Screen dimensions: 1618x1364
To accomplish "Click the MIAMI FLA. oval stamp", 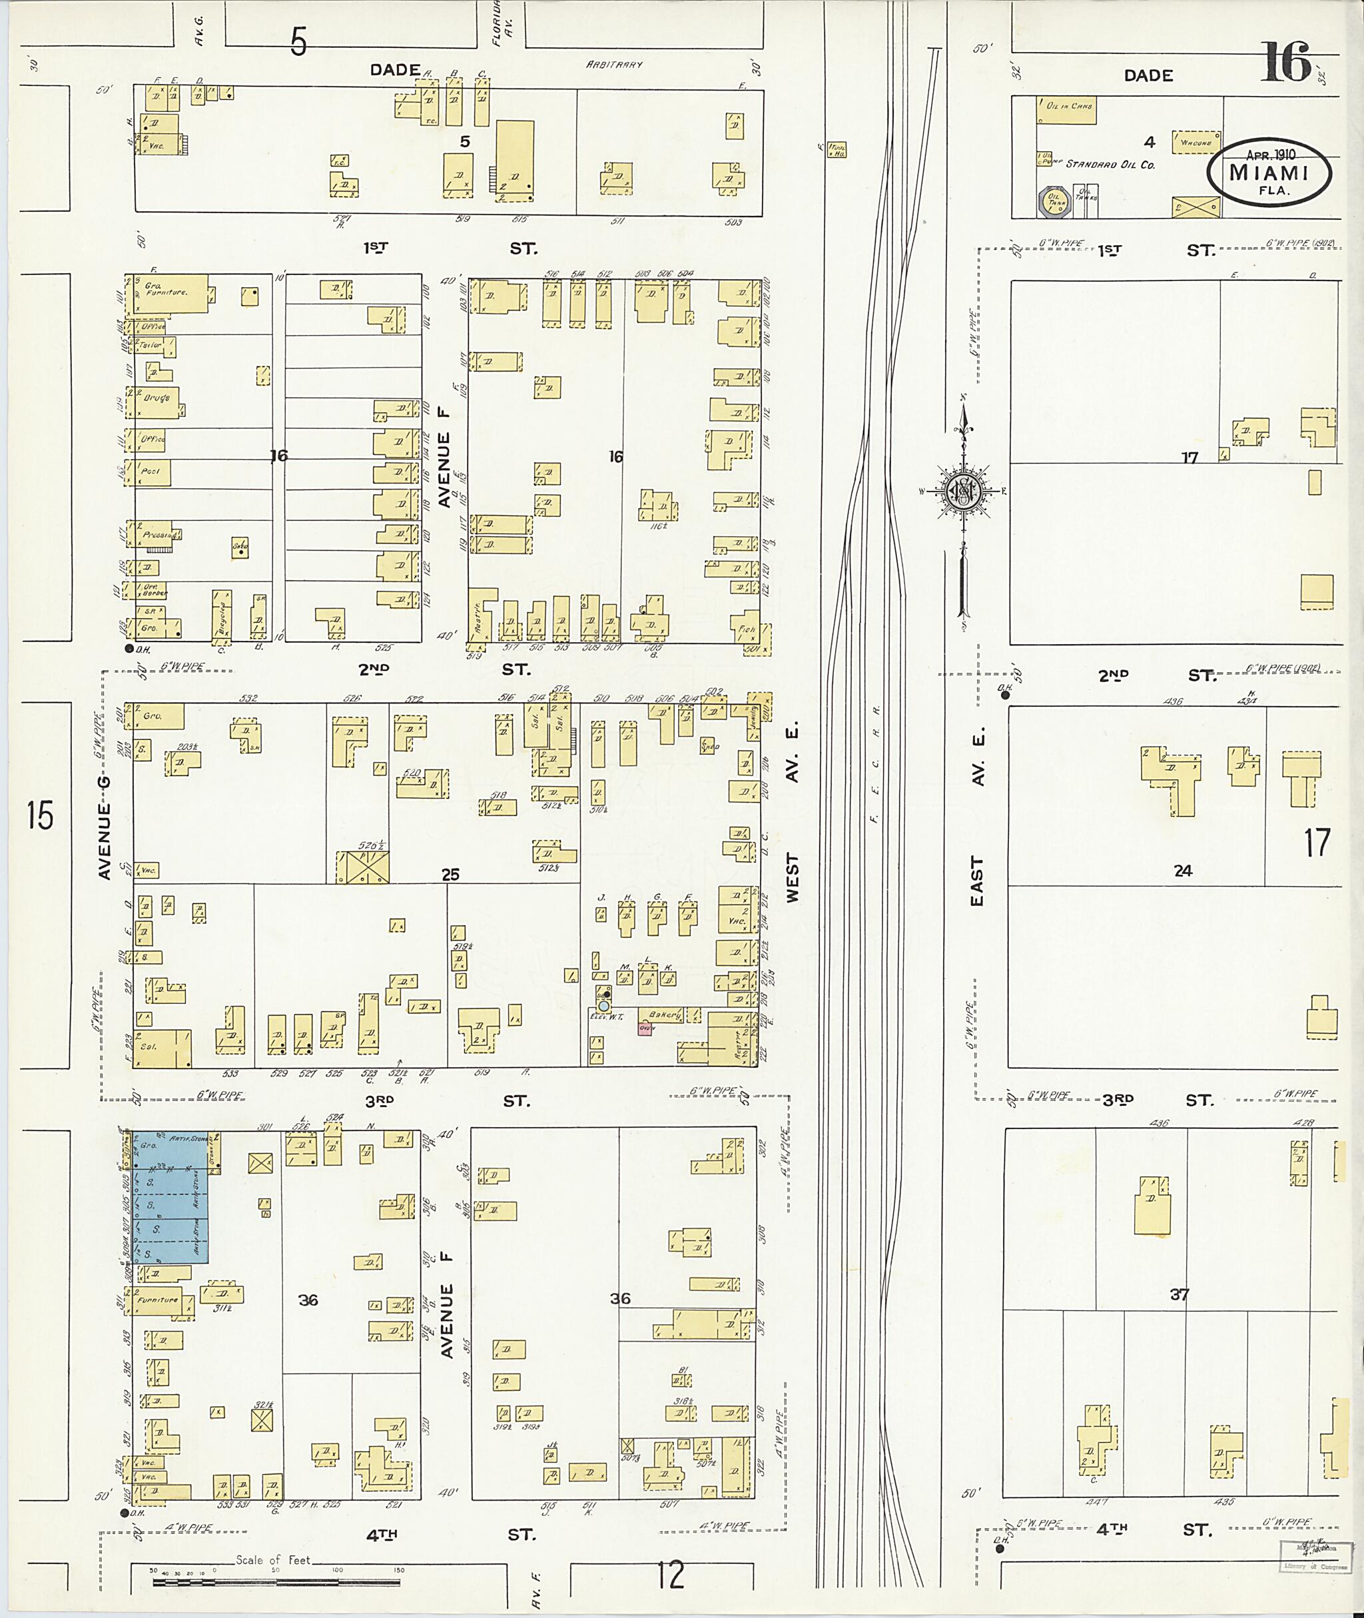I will coord(1269,173).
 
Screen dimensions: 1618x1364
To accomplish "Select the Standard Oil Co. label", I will coord(1110,165).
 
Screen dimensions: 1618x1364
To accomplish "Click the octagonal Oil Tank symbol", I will coord(1052,201).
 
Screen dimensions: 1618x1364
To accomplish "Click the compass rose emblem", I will coord(964,490).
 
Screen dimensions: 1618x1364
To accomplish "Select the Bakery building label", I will coord(664,1014).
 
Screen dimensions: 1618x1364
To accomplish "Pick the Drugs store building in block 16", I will coord(157,400).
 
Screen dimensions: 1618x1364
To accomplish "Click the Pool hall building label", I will coord(153,472).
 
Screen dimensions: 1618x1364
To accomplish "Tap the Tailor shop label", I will coord(152,346).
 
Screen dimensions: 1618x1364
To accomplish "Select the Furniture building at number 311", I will coord(159,1300).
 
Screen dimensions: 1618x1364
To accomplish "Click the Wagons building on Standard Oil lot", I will coord(1195,143).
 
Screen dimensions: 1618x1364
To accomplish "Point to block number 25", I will coord(450,875).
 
